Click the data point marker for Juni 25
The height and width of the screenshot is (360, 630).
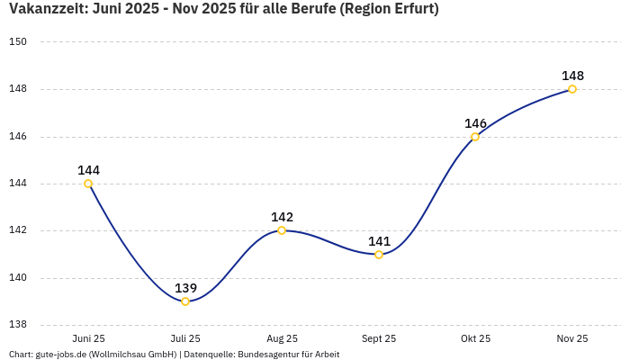pos(88,184)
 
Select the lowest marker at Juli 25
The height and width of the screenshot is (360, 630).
pos(185,301)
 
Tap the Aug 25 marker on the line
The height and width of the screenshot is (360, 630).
pos(282,230)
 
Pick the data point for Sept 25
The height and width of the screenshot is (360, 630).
pos(379,255)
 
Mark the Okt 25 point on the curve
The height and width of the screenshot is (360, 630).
pos(475,137)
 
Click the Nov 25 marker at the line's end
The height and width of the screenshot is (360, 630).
pos(572,89)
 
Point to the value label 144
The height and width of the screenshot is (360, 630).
pos(88,170)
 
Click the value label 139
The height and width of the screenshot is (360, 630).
pos(185,288)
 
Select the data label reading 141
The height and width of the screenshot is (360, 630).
pos(379,241)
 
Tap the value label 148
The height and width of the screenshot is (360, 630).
pos(572,76)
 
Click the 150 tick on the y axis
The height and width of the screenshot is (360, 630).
pos(19,42)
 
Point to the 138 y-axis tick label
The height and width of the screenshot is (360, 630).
pos(19,325)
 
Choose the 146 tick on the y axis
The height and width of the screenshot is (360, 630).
pos(19,137)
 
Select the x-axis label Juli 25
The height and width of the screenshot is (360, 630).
pos(185,338)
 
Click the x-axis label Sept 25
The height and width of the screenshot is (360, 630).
pos(379,338)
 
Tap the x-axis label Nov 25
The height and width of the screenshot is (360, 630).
pos(572,338)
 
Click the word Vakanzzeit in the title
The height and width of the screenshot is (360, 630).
pos(48,10)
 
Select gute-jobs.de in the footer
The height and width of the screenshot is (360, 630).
pos(60,355)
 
